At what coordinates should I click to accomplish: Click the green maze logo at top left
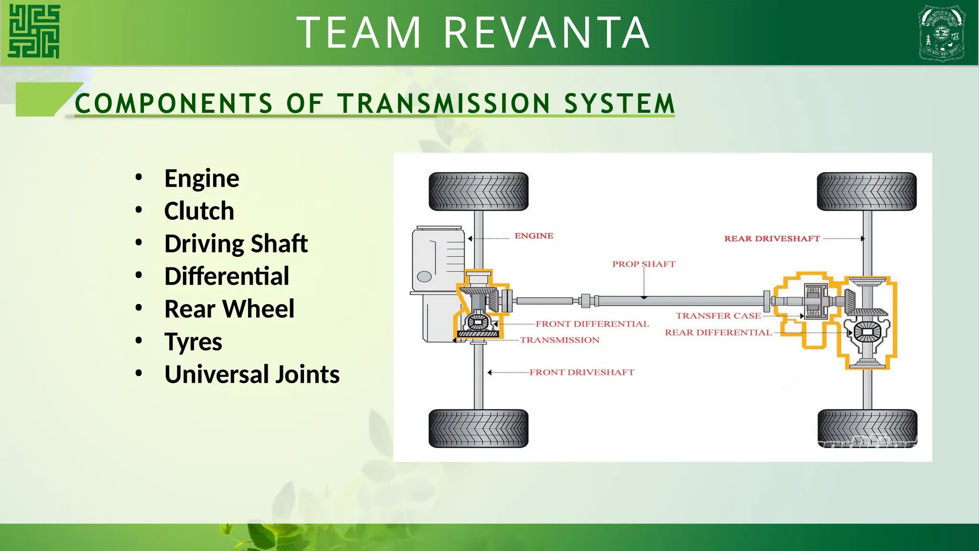(34, 32)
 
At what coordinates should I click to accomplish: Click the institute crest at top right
(941, 33)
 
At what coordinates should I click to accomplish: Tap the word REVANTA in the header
(547, 33)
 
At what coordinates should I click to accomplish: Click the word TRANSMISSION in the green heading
(444, 103)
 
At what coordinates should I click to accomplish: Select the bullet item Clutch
(199, 211)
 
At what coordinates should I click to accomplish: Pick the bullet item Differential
(227, 276)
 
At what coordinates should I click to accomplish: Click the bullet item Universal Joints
(251, 374)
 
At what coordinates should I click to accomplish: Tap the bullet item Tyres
(193, 342)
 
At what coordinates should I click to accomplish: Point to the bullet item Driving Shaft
(236, 243)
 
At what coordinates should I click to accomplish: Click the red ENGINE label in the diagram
(533, 236)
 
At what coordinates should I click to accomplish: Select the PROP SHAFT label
(643, 264)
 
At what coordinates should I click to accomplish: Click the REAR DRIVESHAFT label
(772, 239)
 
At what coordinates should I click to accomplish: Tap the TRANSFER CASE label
(718, 316)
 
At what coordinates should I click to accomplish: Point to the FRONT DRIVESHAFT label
(581, 372)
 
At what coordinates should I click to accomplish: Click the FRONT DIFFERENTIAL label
(592, 324)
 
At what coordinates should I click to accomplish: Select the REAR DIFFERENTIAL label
(718, 332)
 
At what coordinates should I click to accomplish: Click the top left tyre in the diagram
(479, 192)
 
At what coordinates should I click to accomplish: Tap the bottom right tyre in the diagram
(867, 429)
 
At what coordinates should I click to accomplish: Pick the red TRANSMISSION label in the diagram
(559, 340)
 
